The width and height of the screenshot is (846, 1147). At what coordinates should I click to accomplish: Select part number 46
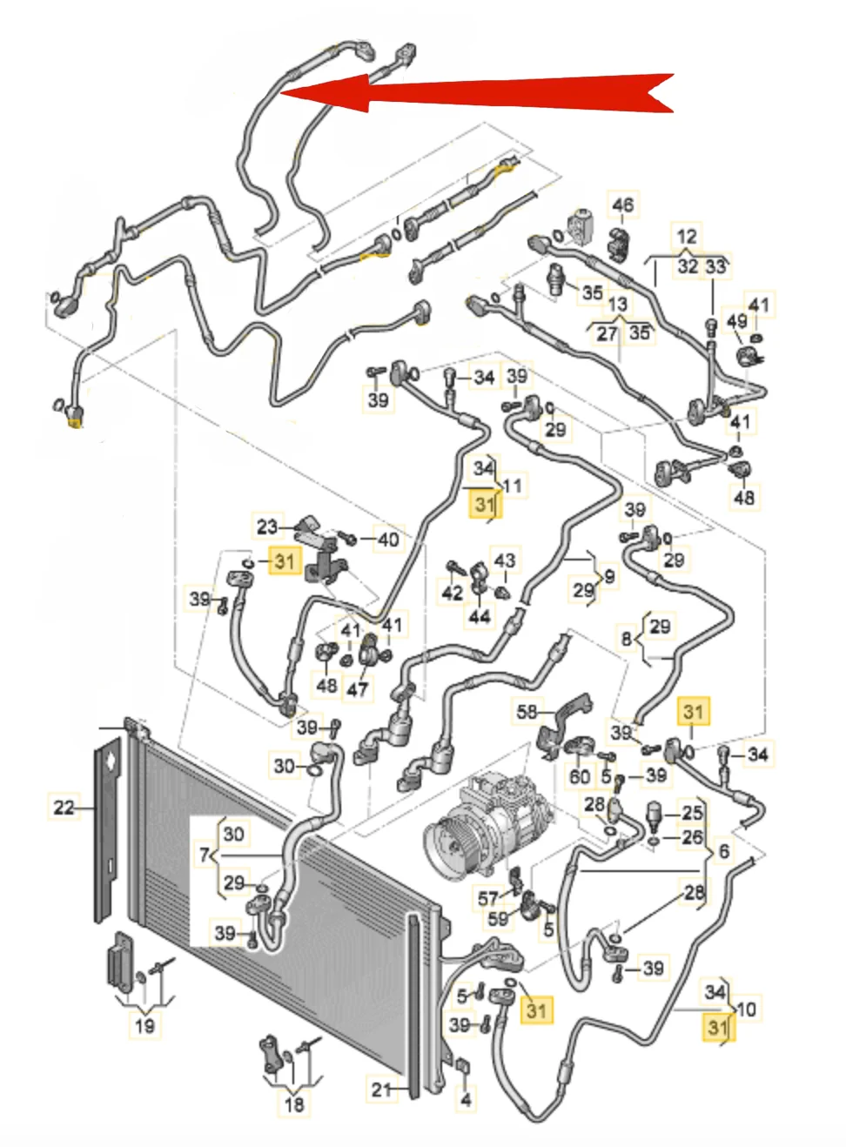[623, 205]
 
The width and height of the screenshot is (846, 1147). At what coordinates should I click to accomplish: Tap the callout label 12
[687, 236]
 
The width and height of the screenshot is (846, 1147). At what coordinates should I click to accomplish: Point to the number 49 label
[736, 321]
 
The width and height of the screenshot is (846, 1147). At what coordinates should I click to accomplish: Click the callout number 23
[267, 526]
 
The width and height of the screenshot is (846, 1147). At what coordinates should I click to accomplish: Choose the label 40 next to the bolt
[388, 540]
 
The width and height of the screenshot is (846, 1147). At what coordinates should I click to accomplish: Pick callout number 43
[504, 560]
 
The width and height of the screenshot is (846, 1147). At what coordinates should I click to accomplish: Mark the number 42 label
[453, 593]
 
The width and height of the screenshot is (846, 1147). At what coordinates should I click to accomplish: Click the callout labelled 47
[358, 689]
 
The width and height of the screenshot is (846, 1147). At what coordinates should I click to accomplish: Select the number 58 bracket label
[527, 711]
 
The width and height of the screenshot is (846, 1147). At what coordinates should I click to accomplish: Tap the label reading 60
[580, 775]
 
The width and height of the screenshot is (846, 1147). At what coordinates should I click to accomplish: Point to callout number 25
[692, 813]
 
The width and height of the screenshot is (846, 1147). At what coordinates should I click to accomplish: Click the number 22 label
[64, 807]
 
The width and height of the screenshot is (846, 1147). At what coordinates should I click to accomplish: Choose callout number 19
[144, 1025]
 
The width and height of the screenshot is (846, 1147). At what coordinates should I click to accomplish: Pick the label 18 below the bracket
[294, 1104]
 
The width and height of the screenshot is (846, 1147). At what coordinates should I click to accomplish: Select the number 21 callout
[382, 1089]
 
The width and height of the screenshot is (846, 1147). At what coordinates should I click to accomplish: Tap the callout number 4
[466, 1100]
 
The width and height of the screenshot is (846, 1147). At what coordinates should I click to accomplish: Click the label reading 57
[488, 897]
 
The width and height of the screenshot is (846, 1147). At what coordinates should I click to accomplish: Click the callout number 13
[617, 305]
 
